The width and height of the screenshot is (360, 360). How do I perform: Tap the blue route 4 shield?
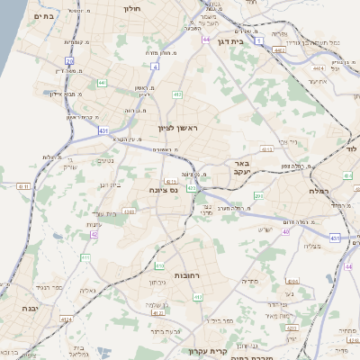click(x=155, y=66)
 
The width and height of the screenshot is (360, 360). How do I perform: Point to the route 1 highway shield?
click(x=259, y=41)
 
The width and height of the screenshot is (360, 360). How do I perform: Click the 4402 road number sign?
click(x=279, y=50)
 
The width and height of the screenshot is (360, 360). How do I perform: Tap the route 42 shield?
click(x=93, y=234)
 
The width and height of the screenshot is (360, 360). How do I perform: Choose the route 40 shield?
click(x=286, y=232)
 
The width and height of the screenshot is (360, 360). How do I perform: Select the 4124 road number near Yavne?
click(x=65, y=319)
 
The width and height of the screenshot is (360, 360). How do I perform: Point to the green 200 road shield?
click(x=258, y=195)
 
